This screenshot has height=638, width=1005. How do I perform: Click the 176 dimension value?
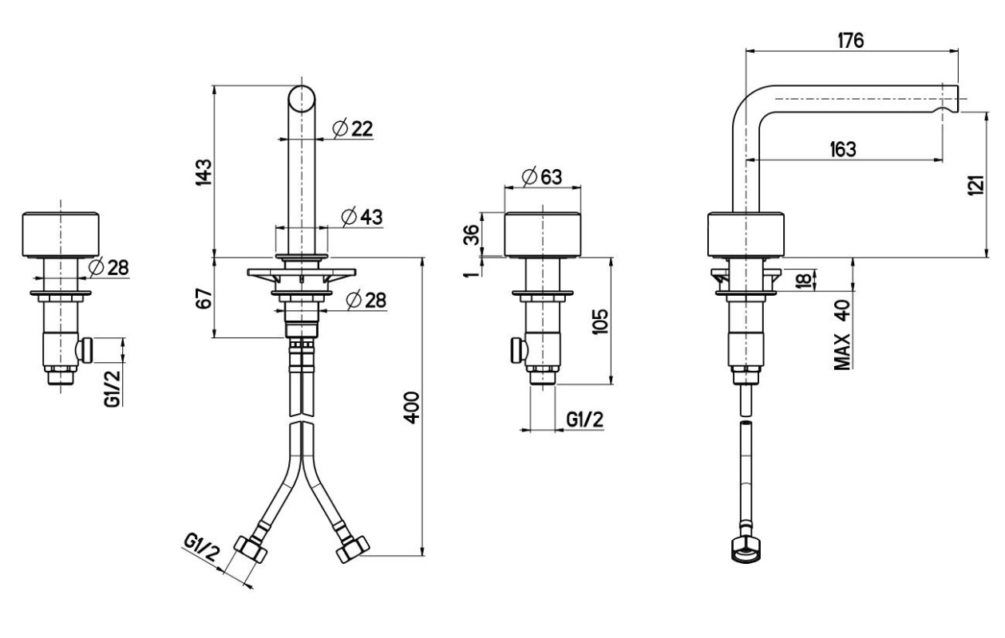[x=851, y=41]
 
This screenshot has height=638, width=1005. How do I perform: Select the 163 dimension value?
[x=843, y=149]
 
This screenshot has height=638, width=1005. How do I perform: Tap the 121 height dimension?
[x=975, y=185]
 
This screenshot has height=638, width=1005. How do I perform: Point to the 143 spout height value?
[x=204, y=172]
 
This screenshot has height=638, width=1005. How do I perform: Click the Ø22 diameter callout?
[x=353, y=128]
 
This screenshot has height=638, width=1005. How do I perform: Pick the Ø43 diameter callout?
[x=362, y=217]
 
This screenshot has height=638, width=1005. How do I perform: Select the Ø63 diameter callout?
[x=543, y=177]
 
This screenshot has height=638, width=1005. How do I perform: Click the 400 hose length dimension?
[x=411, y=408]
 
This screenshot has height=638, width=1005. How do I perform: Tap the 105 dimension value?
[x=600, y=321]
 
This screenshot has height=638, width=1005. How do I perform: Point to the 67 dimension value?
[x=204, y=298]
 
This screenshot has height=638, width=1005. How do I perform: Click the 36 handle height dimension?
[x=471, y=235]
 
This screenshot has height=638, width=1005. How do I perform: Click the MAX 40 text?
[x=842, y=335]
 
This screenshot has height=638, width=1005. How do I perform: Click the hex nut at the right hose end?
[x=353, y=549]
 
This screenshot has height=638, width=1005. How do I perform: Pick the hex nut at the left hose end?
[x=251, y=549]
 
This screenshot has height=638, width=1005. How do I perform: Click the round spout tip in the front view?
[x=302, y=99]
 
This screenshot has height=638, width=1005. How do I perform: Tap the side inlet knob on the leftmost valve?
[x=85, y=350]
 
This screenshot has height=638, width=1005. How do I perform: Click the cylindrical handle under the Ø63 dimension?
[x=543, y=234]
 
